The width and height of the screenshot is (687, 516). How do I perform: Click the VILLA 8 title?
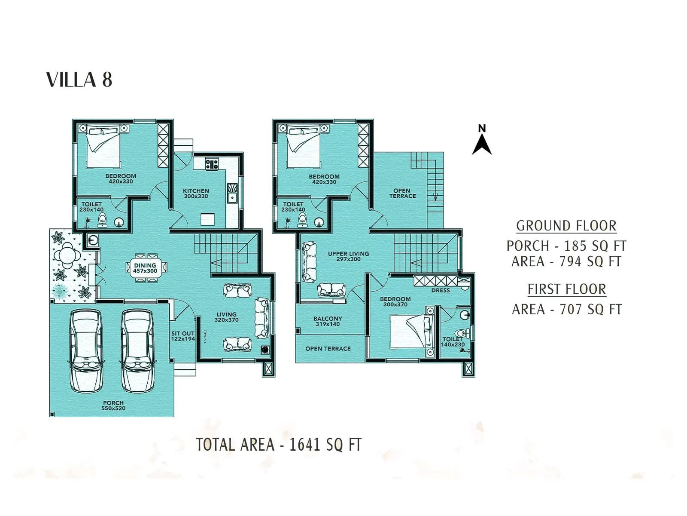tap(79, 80)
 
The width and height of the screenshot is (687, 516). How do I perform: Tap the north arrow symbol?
tap(482, 141)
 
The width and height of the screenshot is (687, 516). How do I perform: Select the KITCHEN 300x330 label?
tap(196, 193)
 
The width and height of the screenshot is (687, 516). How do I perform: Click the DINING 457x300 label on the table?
tap(145, 268)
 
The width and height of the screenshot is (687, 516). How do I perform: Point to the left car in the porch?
tap(86, 350)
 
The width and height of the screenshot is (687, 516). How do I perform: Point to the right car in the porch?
tap(137, 350)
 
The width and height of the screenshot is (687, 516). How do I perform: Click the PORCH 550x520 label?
tap(113, 405)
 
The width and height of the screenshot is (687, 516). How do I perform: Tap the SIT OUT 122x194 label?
tap(183, 336)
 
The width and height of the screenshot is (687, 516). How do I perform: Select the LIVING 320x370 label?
tap(226, 317)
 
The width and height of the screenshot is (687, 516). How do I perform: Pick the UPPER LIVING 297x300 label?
tap(348, 256)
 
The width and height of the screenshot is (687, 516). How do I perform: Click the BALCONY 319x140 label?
tap(328, 321)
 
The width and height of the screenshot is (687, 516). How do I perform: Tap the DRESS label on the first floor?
tap(441, 290)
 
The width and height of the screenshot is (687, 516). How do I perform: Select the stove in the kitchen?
tap(212, 164)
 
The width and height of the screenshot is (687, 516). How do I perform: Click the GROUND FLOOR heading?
tap(566, 226)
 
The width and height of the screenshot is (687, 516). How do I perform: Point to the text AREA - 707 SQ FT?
tap(566, 309)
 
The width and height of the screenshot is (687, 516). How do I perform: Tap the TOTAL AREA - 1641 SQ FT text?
tap(279, 444)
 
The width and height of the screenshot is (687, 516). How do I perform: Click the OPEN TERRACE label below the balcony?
tap(328, 349)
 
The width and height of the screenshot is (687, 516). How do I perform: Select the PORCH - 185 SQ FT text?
tap(566, 246)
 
